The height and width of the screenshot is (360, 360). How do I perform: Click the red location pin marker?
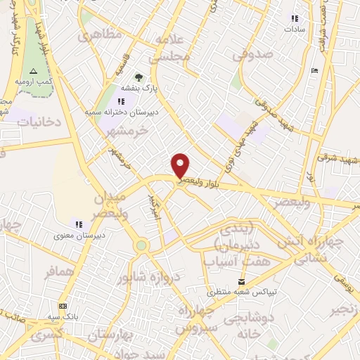tap(181, 165)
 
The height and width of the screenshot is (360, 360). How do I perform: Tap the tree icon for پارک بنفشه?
tap(139, 77)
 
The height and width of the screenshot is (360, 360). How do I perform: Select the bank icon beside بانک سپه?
tap(63, 306)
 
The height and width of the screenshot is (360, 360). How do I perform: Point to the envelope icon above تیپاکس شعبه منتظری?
tap(242, 280)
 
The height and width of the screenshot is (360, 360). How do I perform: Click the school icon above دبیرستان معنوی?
tap(79, 224)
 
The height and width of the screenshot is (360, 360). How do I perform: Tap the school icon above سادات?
tap(294, 18)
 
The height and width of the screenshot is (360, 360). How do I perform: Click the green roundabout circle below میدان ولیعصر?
tap(141, 245)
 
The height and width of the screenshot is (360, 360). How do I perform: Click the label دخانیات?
tap(40, 122)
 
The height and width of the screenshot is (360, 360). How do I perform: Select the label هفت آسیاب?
tap(229, 261)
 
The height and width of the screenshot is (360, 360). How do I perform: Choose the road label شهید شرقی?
tap(339, 159)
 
